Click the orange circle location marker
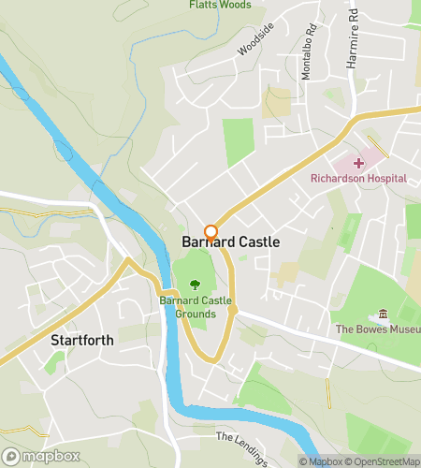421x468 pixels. pos(211,232)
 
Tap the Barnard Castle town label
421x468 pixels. pos(229,242)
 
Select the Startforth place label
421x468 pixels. pos(82,340)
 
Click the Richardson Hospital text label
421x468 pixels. pos(359,178)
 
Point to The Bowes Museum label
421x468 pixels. pos(378,329)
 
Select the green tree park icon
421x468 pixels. pos(195,284)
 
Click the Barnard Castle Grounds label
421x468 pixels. pos(195,306)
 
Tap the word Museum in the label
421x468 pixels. pos(399,329)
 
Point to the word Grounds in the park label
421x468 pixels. pos(195,314)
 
